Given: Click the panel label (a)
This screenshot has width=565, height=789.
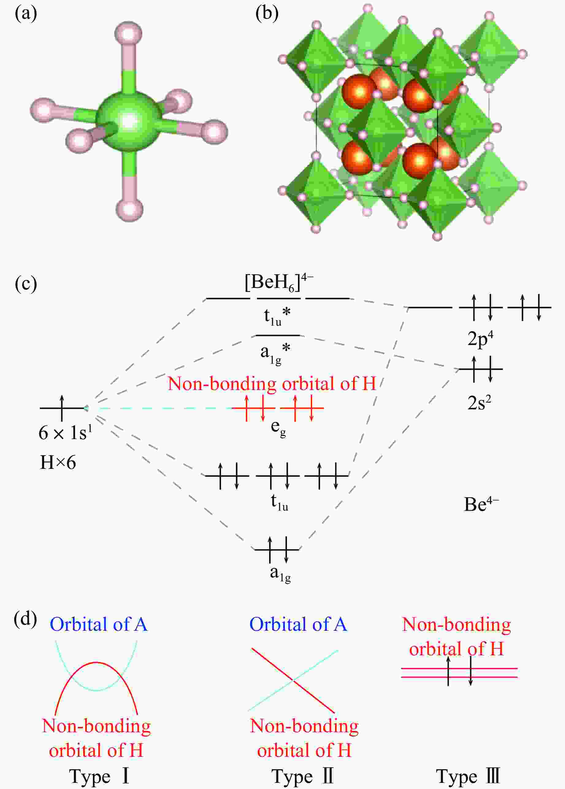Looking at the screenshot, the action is (x=26, y=14).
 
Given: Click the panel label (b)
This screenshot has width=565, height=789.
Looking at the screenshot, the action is (x=267, y=14).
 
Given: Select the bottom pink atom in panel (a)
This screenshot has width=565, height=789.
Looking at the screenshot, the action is (x=129, y=209).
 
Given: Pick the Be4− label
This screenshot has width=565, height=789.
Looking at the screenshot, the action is (x=481, y=504).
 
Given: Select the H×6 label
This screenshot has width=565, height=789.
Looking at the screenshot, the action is (x=58, y=462).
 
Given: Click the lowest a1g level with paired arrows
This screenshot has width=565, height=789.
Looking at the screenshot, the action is (x=277, y=549).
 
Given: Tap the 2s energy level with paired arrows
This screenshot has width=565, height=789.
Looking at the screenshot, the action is (x=481, y=369).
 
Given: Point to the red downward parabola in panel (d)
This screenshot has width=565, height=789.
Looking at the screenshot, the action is (x=96, y=662).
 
